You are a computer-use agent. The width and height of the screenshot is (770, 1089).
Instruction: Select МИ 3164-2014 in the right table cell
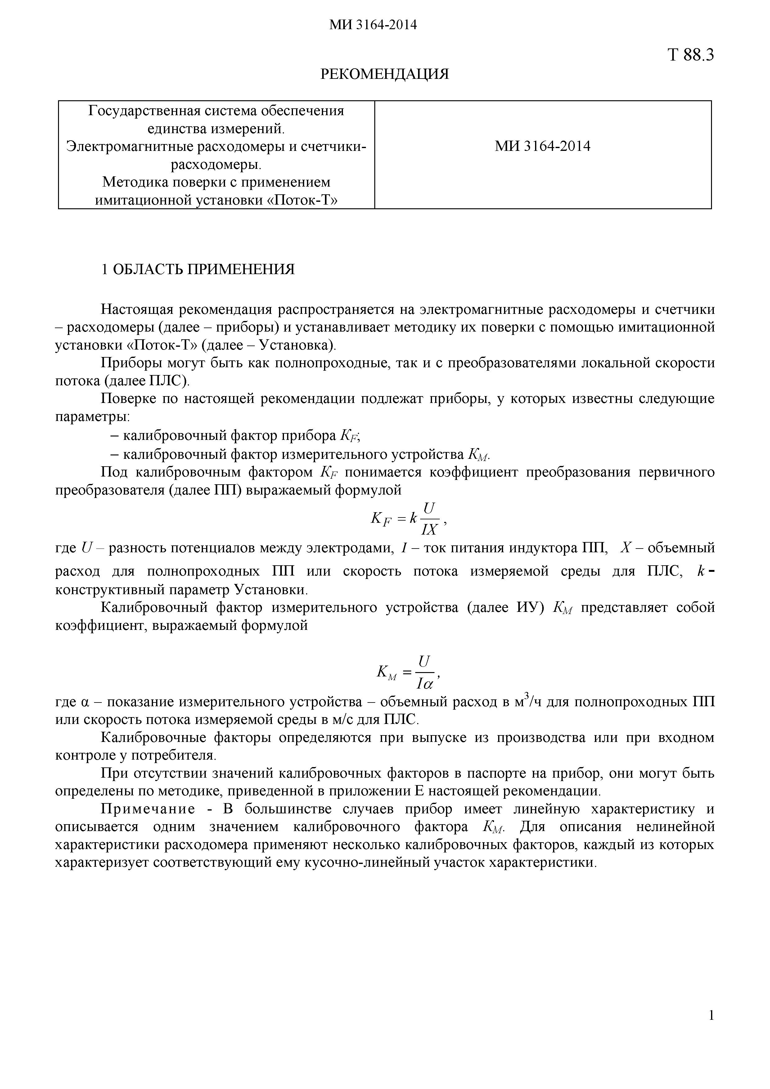pos(543,146)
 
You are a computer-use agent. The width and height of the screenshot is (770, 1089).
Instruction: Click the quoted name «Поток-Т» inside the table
pos(303,200)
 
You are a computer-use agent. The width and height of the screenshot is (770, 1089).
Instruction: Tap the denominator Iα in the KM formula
pos(425,684)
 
